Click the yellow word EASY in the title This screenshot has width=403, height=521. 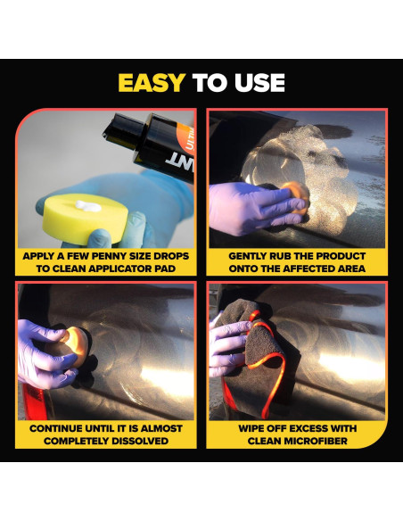tap(152, 83)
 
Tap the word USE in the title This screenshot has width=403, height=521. tap(260, 83)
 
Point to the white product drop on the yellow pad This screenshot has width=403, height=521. tap(88, 206)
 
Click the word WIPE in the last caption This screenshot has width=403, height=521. tap(251, 428)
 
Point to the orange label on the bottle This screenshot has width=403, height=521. tap(185, 136)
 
